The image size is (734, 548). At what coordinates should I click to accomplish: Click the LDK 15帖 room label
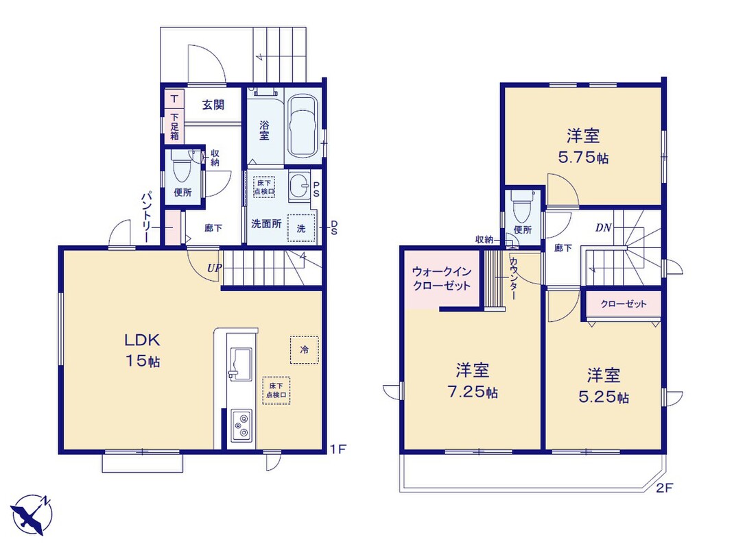tap(142, 350)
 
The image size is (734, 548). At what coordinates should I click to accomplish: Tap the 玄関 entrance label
tap(213, 105)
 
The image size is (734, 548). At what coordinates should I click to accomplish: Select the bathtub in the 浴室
tap(303, 127)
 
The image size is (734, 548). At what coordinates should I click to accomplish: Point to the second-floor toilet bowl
tap(521, 207)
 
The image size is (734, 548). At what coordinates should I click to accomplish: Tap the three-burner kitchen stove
tap(241, 425)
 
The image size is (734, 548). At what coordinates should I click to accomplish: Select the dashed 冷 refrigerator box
tap(305, 350)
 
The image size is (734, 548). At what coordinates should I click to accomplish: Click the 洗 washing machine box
tap(301, 227)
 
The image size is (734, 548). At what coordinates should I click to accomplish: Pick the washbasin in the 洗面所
tap(298, 186)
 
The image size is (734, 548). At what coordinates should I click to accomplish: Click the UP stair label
tap(215, 269)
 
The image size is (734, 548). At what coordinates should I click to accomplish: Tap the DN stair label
tap(604, 227)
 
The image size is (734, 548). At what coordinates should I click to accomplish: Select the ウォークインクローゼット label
tap(442, 279)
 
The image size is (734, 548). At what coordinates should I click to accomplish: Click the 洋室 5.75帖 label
tap(583, 147)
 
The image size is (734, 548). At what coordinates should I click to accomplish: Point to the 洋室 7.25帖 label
tap(473, 381)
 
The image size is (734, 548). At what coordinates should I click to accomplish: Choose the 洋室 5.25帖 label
tap(604, 386)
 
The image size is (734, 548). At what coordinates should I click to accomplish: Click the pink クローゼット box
tap(624, 304)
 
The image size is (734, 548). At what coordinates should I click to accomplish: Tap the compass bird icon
tap(31, 514)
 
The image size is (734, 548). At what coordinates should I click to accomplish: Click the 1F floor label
tap(338, 450)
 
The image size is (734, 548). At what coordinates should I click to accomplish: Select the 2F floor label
tap(664, 488)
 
